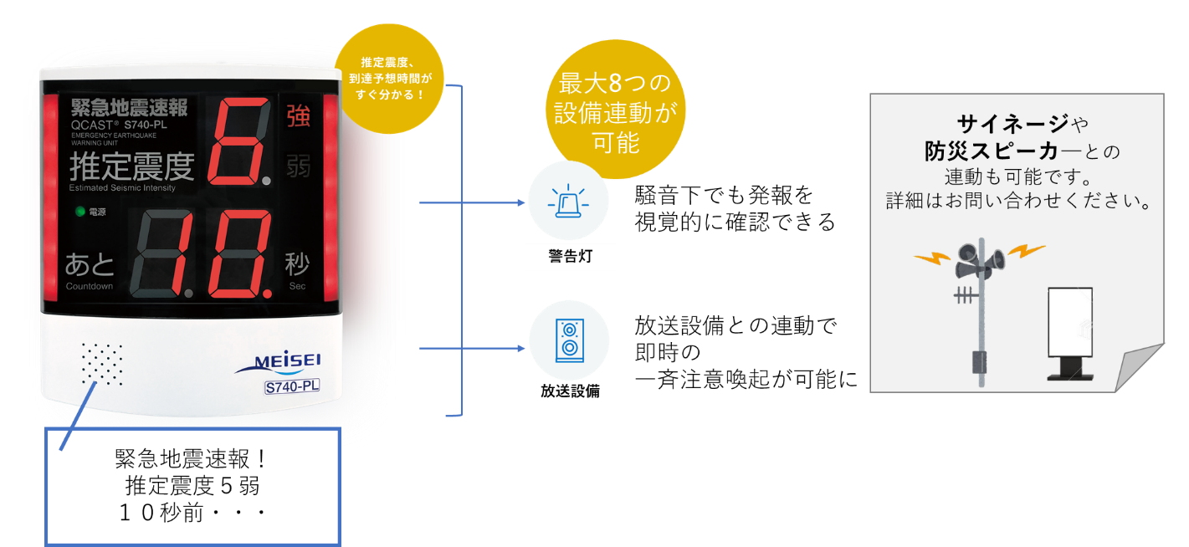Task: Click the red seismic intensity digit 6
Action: tap(239, 141)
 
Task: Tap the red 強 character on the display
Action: tap(298, 115)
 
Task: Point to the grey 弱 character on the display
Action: tap(298, 166)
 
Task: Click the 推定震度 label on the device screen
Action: tap(132, 166)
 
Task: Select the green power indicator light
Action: tap(80, 212)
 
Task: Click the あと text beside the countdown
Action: tap(90, 265)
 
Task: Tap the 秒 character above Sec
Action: tap(297, 264)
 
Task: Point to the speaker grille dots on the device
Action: tap(103, 364)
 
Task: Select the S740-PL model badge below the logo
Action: tap(292, 387)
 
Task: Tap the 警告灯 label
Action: tap(570, 257)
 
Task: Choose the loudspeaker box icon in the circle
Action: tap(569, 340)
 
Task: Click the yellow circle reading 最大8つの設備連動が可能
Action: tap(615, 114)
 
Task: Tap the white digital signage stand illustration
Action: tap(1070, 333)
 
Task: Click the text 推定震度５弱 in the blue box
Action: tap(192, 485)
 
